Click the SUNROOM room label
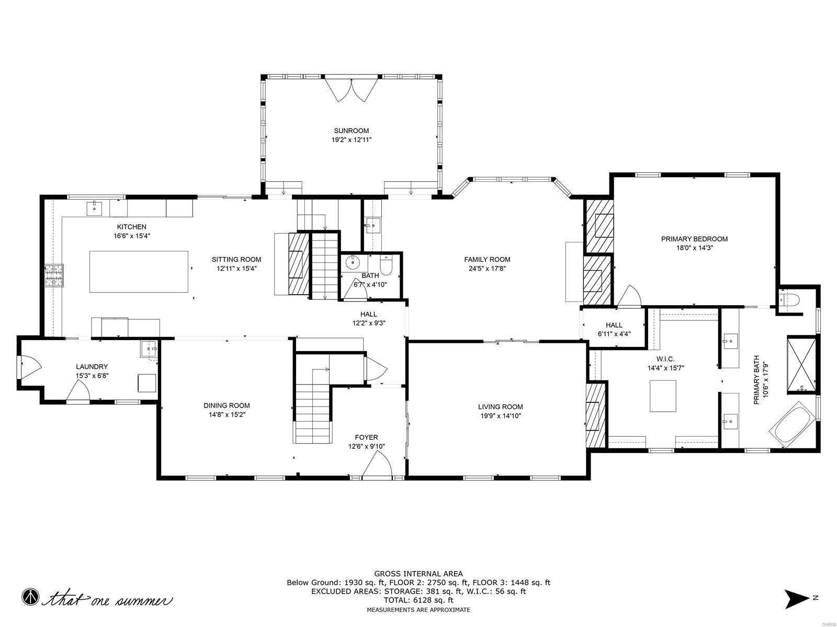point(352,131)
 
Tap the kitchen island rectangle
point(139,271)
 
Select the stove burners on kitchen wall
point(53,276)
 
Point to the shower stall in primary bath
point(801,365)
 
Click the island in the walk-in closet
point(663,396)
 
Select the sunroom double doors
point(352,90)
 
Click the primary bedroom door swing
point(629,296)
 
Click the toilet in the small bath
point(387,266)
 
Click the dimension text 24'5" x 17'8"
point(487,269)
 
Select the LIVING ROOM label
point(500,407)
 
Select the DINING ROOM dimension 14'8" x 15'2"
point(227,415)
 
